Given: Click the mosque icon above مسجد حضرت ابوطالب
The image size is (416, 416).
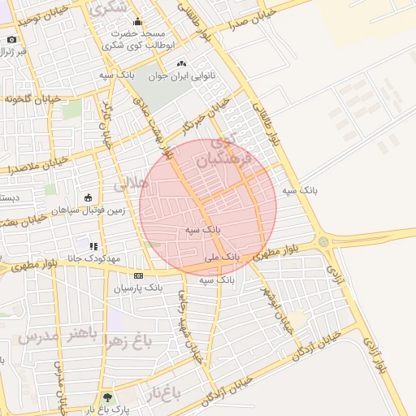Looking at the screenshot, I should (136, 23).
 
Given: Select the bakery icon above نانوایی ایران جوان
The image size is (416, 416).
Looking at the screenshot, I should (180, 64).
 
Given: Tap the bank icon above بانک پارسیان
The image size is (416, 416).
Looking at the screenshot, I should (138, 275).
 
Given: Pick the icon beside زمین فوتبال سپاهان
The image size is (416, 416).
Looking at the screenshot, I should (89, 197).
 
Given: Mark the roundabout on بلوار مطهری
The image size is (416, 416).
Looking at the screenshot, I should (323, 241).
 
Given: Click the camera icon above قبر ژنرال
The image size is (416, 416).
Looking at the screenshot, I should (11, 39).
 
